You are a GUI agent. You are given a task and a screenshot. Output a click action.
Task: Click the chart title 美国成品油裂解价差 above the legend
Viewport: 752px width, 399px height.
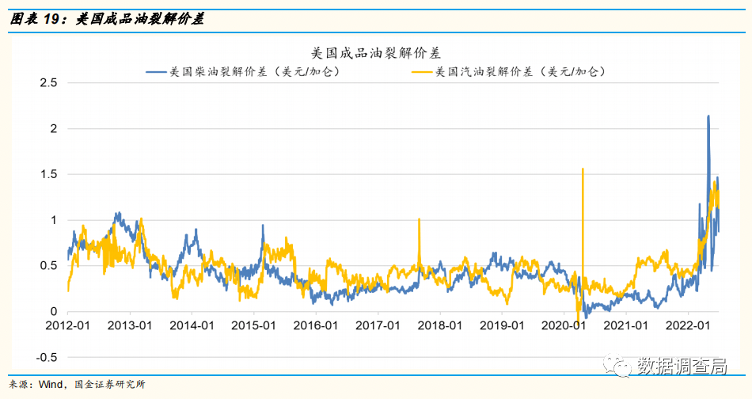click(375, 53)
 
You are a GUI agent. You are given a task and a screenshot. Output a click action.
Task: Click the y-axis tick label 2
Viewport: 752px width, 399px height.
click(53, 128)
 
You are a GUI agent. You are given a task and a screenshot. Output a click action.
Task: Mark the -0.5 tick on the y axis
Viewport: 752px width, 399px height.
click(47, 357)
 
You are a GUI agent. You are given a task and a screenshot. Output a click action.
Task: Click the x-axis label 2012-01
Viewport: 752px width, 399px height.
click(68, 325)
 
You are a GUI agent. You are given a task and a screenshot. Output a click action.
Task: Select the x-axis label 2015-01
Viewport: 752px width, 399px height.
click(254, 325)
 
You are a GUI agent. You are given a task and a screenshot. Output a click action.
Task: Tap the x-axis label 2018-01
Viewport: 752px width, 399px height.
click(440, 325)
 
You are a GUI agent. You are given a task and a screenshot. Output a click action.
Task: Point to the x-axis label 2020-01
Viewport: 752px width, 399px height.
click(564, 325)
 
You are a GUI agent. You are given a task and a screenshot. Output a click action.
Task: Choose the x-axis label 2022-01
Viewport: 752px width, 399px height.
click(687, 325)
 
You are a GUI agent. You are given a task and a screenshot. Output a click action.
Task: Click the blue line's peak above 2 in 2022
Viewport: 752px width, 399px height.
click(708, 116)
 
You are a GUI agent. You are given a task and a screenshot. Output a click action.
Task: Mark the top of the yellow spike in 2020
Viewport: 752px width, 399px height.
click(583, 169)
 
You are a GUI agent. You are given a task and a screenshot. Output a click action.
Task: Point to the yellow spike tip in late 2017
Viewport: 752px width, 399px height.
click(419, 219)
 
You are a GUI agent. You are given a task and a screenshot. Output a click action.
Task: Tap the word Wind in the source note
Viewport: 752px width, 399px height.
click(52, 384)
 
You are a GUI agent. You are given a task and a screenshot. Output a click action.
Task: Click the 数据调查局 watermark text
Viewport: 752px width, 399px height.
click(682, 366)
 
